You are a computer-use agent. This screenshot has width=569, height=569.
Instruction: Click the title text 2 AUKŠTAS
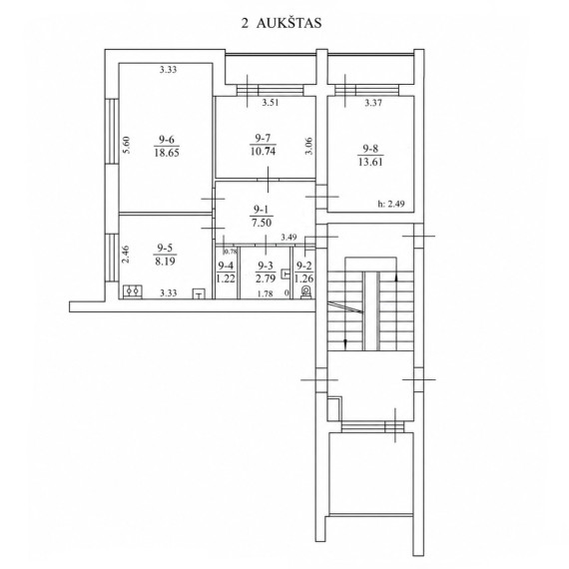click(282, 23)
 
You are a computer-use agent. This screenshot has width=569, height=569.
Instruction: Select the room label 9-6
click(167, 140)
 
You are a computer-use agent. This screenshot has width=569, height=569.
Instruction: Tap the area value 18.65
click(167, 153)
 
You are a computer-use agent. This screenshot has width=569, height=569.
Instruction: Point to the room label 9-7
click(263, 139)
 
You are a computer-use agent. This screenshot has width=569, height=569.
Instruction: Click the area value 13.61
click(370, 162)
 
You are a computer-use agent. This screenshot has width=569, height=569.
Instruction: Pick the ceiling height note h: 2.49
click(391, 204)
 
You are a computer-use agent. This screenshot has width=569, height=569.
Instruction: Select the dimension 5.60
click(127, 145)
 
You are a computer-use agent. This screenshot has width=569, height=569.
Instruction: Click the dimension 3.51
click(271, 103)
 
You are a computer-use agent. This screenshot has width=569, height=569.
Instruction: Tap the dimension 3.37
click(373, 103)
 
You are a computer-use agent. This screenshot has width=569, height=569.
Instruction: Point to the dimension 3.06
click(308, 146)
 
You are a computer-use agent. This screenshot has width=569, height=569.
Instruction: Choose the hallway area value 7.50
click(262, 223)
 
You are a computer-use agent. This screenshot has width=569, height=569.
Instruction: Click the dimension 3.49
click(288, 238)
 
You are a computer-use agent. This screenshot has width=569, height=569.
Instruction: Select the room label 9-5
click(165, 249)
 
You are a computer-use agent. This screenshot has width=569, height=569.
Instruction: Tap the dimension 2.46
click(126, 255)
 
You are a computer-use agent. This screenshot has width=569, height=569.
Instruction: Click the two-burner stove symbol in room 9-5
click(133, 291)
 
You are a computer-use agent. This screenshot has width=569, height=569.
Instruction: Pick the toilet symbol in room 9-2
click(306, 291)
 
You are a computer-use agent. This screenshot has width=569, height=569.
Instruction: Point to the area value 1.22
click(226, 279)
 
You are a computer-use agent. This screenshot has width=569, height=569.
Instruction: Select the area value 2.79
click(266, 279)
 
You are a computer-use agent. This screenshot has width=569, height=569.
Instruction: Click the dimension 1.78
click(265, 293)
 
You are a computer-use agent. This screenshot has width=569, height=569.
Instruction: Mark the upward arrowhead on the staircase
click(396, 278)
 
